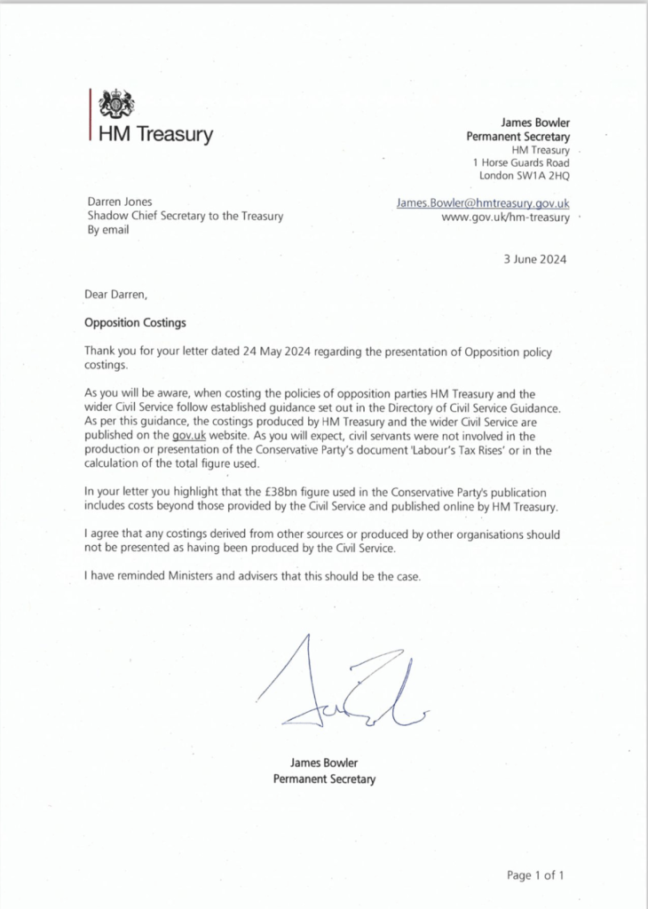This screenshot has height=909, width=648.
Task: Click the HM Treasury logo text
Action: (155, 135)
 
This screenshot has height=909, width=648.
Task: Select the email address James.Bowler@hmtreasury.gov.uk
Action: (483, 203)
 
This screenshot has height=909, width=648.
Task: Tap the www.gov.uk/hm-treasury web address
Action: (505, 218)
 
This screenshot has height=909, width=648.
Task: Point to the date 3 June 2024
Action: (533, 259)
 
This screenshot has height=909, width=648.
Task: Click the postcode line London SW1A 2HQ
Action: (524, 176)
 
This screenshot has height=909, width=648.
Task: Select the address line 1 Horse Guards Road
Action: (520, 162)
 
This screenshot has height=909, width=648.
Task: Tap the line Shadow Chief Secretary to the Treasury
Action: (185, 217)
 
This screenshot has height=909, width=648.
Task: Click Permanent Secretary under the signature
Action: (324, 779)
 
